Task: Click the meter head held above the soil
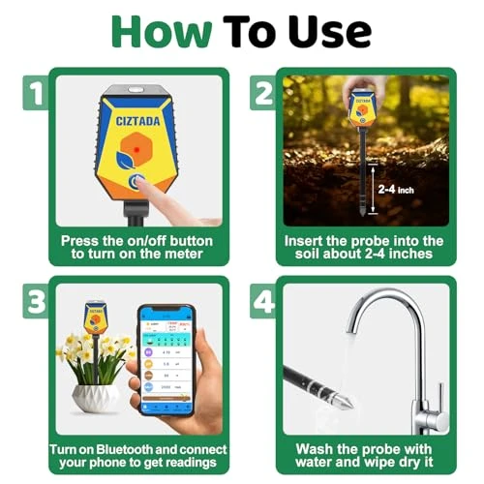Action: pos(362,108)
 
